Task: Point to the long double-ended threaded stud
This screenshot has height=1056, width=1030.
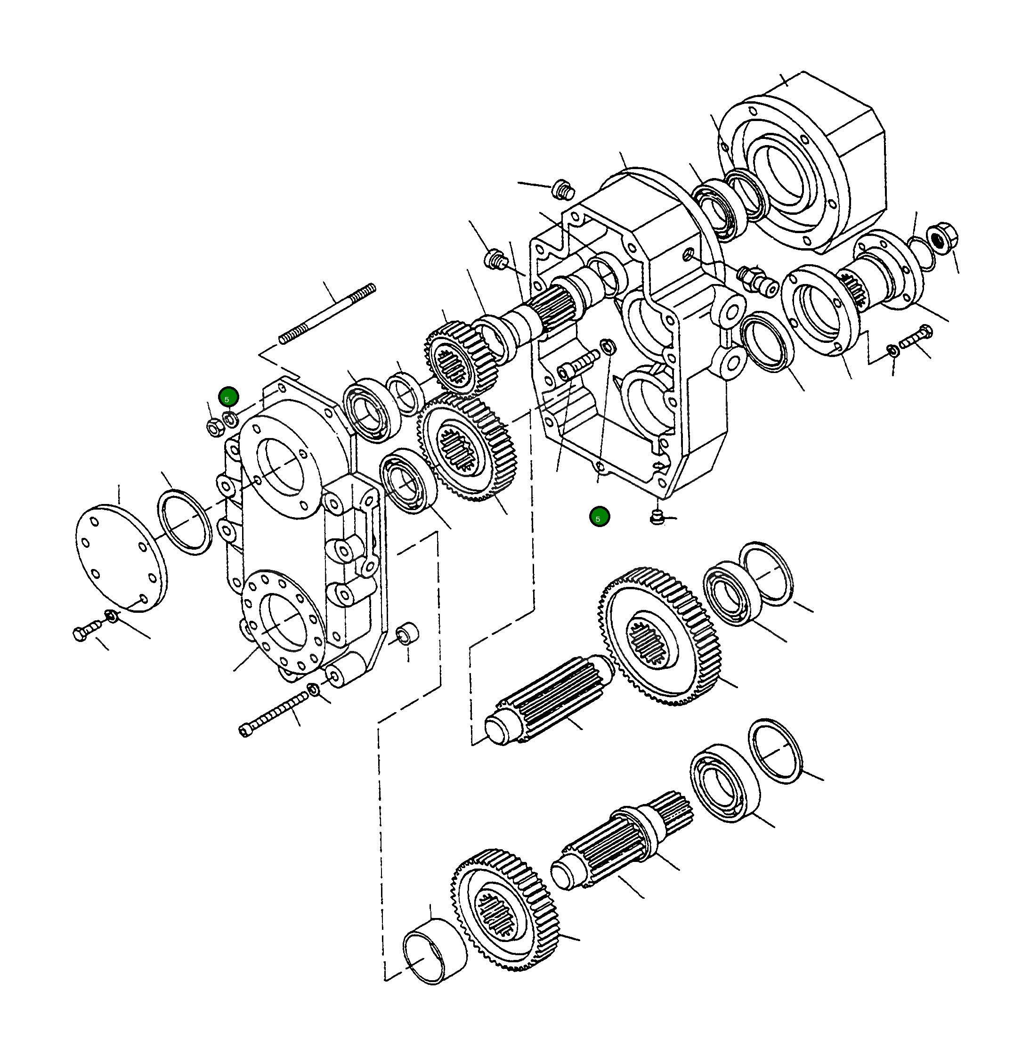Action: point(327,313)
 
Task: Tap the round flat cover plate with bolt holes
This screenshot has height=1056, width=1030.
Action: point(120,558)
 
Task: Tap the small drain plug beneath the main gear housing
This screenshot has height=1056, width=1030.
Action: point(656,517)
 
